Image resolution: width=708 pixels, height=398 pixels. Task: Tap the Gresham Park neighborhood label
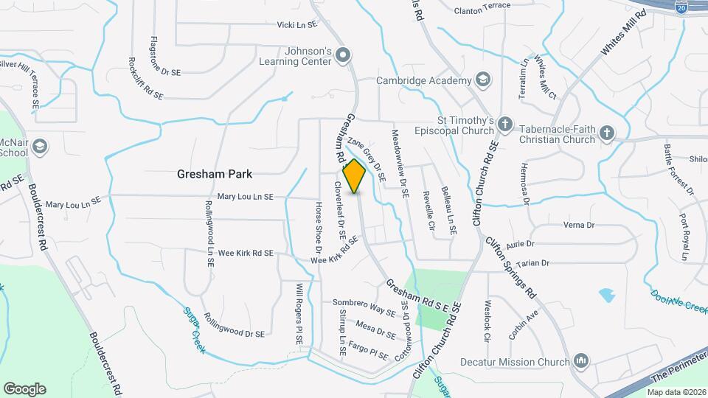(x=215, y=175)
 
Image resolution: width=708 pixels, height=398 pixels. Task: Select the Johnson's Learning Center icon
(x=343, y=55)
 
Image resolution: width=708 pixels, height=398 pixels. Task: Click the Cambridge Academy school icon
(x=482, y=80)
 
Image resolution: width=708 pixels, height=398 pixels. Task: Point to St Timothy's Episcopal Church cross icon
(x=504, y=125)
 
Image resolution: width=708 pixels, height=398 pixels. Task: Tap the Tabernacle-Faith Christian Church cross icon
(x=606, y=133)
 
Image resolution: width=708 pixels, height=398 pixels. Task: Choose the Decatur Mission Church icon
(x=580, y=362)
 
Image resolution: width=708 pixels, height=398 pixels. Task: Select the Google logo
(x=24, y=388)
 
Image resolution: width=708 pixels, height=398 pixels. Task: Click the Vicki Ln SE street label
(x=296, y=24)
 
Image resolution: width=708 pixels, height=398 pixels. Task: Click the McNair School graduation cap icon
(x=39, y=145)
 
